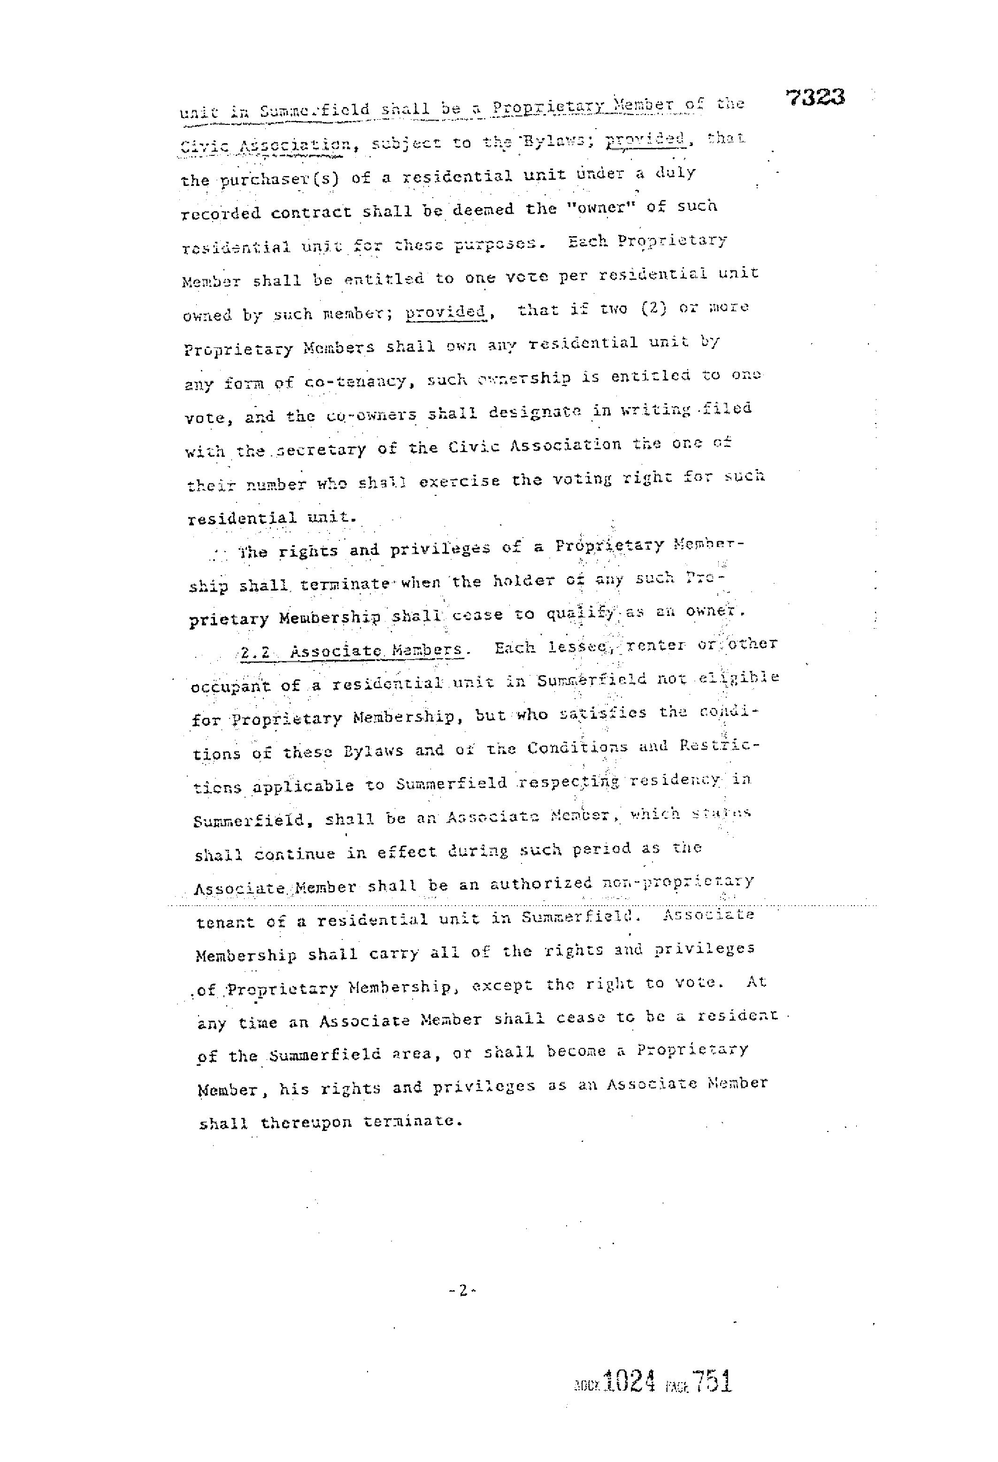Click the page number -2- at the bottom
(x=462, y=1290)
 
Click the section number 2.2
(x=255, y=653)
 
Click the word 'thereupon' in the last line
(x=306, y=1122)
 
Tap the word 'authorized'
(x=541, y=885)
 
